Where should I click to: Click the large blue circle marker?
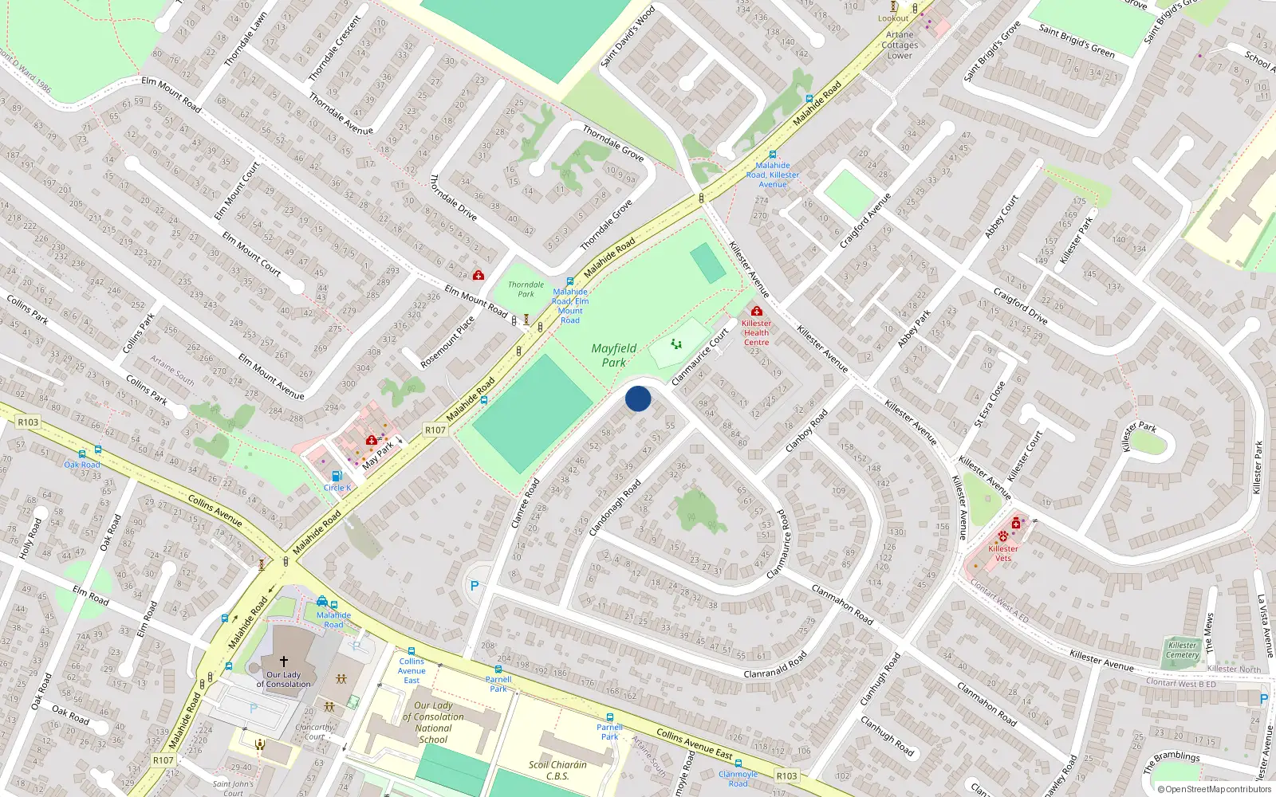click(638, 398)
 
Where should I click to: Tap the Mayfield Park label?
click(614, 355)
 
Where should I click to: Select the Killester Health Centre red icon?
click(756, 311)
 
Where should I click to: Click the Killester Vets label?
click(1003, 553)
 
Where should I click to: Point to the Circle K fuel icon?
click(336, 477)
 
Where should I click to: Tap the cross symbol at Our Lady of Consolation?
click(283, 661)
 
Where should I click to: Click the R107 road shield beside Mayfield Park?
click(435, 430)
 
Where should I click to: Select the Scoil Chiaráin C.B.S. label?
click(557, 770)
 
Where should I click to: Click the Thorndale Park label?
click(526, 289)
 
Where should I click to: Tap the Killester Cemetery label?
click(1183, 650)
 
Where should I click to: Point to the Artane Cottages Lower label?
click(900, 45)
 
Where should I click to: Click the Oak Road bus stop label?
click(82, 465)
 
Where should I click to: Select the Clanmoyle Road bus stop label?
click(738, 779)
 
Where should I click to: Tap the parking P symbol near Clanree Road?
click(475, 586)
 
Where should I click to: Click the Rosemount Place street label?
click(447, 342)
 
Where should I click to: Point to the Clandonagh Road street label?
click(615, 508)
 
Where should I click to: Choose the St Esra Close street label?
click(990, 404)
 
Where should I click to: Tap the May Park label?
click(378, 455)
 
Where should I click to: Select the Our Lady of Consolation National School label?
click(433, 722)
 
